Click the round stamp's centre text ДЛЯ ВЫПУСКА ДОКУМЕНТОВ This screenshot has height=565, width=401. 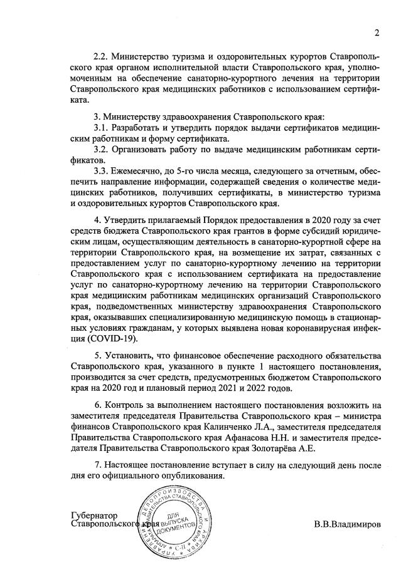(x=170, y=512)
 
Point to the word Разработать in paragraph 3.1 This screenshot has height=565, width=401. (x=139, y=128)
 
